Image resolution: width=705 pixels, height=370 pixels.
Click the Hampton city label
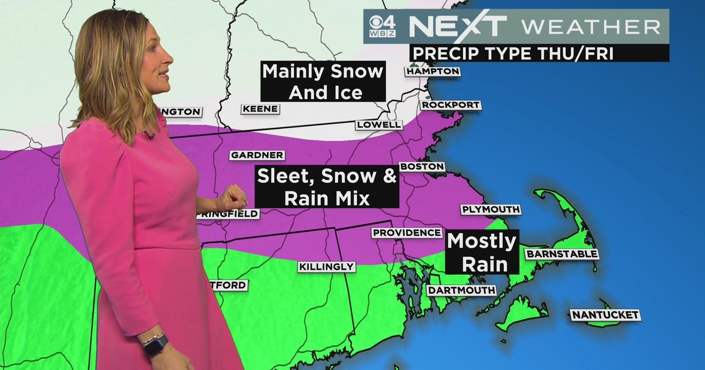[x=432, y=71]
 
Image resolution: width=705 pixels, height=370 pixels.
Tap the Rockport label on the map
[x=451, y=105]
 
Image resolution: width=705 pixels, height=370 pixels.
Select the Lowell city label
[x=379, y=125]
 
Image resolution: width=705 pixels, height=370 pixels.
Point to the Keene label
[x=260, y=109]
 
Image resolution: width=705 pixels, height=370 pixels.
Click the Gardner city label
[x=257, y=155]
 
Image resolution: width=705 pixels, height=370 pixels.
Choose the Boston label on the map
[x=422, y=167]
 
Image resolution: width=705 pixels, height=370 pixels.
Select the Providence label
[x=407, y=233]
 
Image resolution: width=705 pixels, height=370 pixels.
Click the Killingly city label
[x=327, y=267]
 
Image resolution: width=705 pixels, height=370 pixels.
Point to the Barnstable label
[x=562, y=254]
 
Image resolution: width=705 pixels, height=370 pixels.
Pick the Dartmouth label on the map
[x=461, y=290]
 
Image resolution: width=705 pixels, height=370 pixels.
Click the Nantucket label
[x=605, y=315]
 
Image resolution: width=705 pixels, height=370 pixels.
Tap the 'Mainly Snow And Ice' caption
[x=323, y=81]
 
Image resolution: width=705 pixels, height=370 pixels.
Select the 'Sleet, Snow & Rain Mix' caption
[x=327, y=187]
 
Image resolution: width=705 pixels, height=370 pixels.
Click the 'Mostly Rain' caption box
[x=482, y=252]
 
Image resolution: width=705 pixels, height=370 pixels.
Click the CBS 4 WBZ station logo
[x=382, y=26]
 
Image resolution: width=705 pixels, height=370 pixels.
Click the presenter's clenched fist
[x=234, y=197]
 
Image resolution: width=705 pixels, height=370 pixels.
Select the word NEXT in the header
[x=458, y=26]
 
